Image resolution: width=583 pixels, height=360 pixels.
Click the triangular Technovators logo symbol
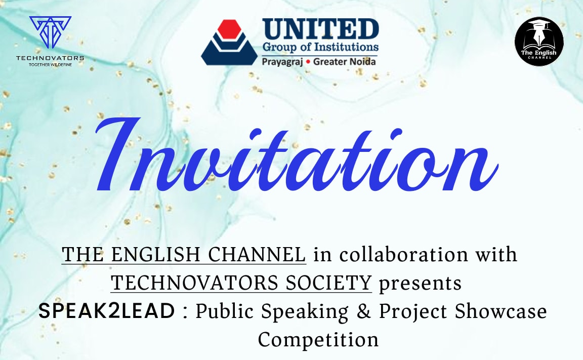click(x=50, y=32)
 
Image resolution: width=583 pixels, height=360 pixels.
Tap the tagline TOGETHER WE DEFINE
click(x=50, y=65)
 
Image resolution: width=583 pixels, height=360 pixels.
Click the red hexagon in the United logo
click(x=229, y=29)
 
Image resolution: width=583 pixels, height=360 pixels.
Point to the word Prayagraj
click(x=282, y=61)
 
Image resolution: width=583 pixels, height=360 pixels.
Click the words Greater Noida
click(x=344, y=61)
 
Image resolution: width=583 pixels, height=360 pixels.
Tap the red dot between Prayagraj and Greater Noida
click(x=308, y=62)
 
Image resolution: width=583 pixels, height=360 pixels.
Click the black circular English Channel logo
click(x=539, y=42)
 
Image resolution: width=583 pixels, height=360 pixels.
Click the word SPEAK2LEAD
click(x=107, y=311)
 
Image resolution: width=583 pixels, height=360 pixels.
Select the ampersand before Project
click(x=364, y=311)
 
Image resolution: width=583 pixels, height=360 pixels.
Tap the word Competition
click(x=318, y=340)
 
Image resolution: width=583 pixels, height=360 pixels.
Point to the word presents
click(x=420, y=284)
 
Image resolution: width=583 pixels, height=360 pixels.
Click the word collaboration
click(x=404, y=255)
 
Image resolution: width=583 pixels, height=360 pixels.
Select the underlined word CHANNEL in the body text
click(x=257, y=255)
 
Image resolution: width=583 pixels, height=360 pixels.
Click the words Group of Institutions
click(x=320, y=47)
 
